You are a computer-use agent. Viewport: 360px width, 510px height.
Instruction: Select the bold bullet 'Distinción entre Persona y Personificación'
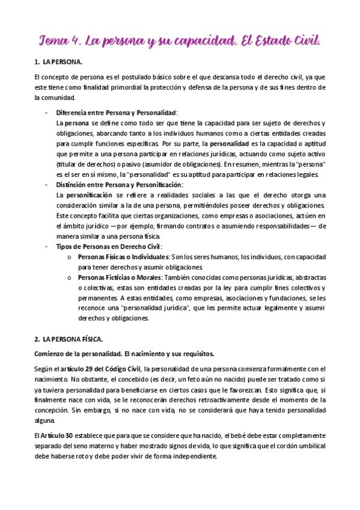click(x=120, y=185)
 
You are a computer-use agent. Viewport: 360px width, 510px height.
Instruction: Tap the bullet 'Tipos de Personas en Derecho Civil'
click(x=108, y=247)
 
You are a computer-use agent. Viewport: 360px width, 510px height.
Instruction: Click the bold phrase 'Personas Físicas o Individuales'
click(x=126, y=257)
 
